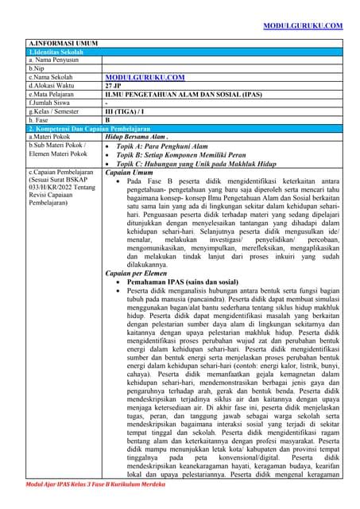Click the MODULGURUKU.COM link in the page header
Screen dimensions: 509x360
point(303,26)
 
